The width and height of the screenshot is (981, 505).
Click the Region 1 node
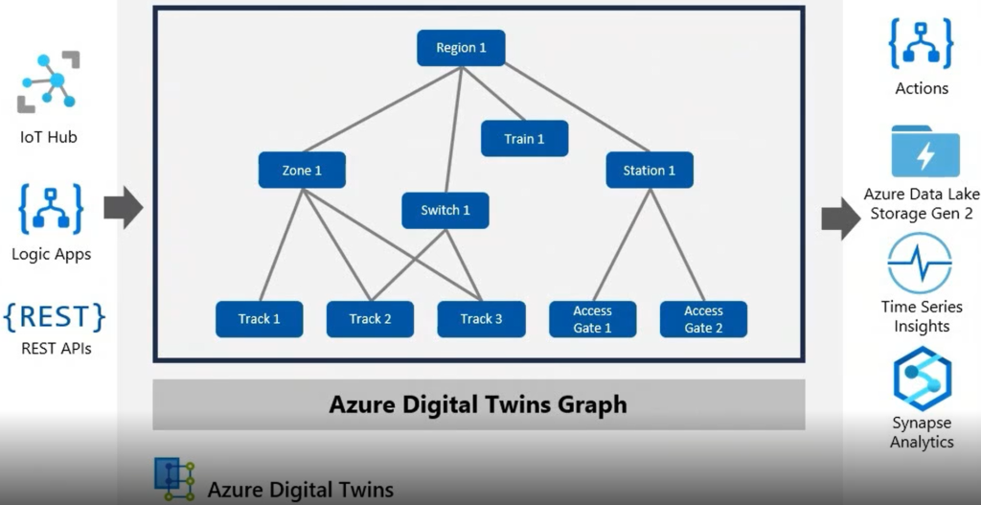(x=461, y=48)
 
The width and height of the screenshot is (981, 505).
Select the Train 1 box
(x=524, y=139)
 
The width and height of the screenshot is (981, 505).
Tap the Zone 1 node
(x=302, y=171)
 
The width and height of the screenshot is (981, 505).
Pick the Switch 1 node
(x=445, y=211)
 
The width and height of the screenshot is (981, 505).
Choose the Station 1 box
(x=650, y=171)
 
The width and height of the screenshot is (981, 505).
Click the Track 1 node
(x=260, y=319)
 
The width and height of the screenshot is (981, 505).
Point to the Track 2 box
(x=370, y=319)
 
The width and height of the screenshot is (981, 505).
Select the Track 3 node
(x=481, y=319)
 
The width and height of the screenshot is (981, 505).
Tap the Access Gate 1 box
(x=592, y=319)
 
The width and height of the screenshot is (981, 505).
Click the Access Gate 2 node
(x=703, y=319)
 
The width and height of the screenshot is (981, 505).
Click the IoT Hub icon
(x=47, y=84)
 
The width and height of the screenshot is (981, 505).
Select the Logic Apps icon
(x=51, y=210)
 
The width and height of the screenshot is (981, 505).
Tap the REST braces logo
(x=54, y=317)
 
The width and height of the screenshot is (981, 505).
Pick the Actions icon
(x=921, y=43)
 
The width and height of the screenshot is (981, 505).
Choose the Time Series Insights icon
(x=920, y=264)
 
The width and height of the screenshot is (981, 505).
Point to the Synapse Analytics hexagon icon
(x=922, y=379)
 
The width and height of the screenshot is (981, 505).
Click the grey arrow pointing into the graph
(x=123, y=208)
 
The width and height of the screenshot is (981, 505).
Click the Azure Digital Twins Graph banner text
(x=478, y=404)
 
